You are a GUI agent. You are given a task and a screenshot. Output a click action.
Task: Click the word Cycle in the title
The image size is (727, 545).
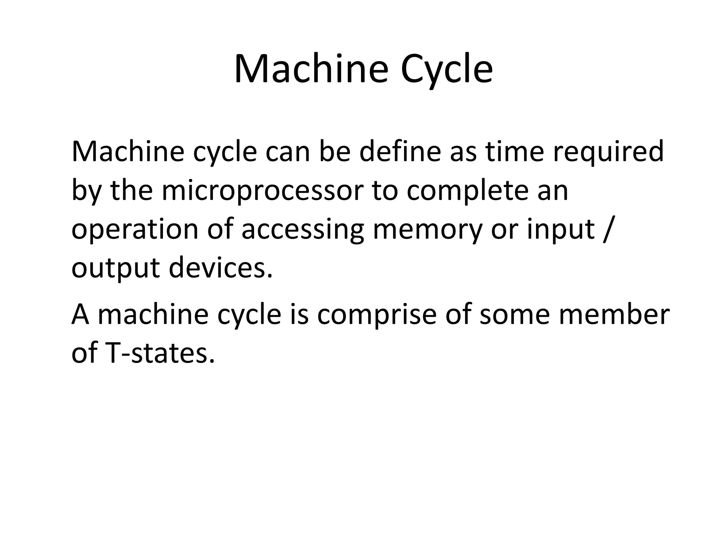tap(447, 69)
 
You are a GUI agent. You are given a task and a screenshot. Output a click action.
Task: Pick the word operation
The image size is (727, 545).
tap(135, 230)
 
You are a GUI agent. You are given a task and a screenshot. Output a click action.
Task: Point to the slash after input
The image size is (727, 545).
tap(607, 230)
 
